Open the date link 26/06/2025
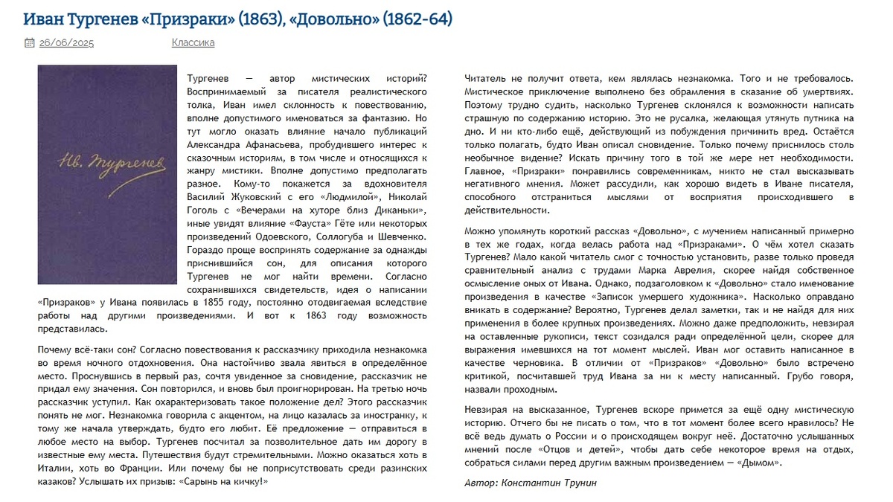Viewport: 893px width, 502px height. [x=66, y=42]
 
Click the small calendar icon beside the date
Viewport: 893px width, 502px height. [x=29, y=43]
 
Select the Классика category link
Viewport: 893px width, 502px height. [x=193, y=42]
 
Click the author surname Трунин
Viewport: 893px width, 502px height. [x=577, y=483]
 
